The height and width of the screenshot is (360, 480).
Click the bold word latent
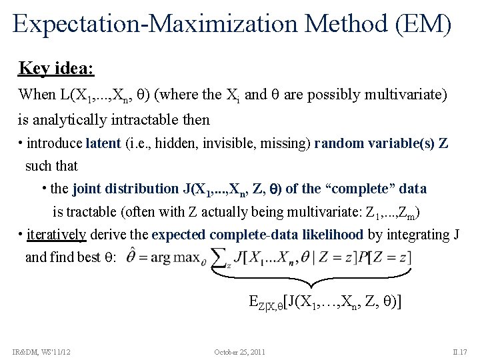pyautogui.click(x=103, y=143)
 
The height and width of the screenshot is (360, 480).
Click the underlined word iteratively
pyautogui.click(x=57, y=235)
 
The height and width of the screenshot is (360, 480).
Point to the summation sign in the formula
pyautogui.click(x=220, y=257)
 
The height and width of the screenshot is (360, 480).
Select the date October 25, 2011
pyautogui.click(x=240, y=351)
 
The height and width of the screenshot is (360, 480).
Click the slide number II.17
pyautogui.click(x=461, y=351)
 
